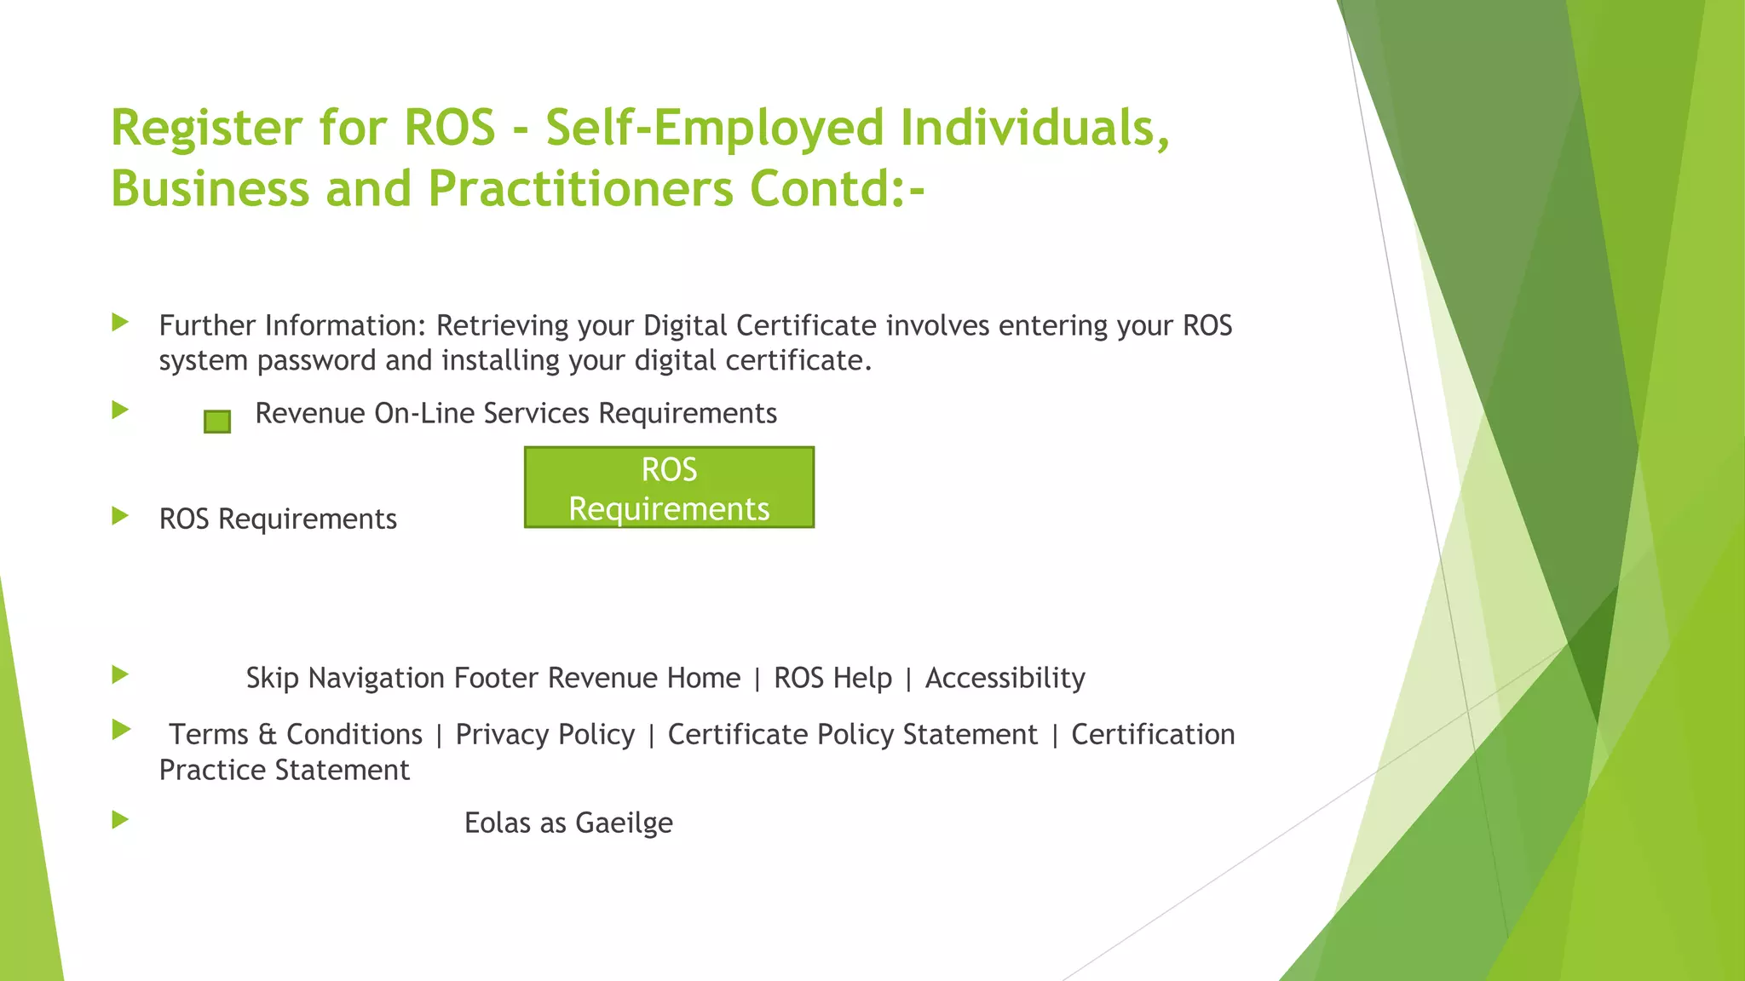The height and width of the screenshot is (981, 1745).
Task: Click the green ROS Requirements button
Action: (x=669, y=488)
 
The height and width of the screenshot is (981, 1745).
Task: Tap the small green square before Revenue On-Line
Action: (x=217, y=422)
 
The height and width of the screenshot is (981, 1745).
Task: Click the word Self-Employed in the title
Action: (x=715, y=128)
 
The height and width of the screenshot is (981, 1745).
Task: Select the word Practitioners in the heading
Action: (x=580, y=188)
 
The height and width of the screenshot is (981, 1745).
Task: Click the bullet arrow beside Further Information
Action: (x=120, y=322)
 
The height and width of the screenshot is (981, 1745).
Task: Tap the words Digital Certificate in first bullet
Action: (x=759, y=325)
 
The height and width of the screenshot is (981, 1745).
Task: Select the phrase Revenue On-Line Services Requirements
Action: (x=515, y=413)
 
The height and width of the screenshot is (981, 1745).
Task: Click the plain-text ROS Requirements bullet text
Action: (x=278, y=519)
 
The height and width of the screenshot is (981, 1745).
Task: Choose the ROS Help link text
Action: (x=832, y=678)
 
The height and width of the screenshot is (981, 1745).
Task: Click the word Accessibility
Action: (x=1005, y=678)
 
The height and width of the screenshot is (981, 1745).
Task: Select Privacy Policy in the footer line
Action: (x=545, y=734)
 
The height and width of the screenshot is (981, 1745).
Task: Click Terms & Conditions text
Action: (x=296, y=734)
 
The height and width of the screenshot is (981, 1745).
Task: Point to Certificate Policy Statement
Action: (x=852, y=734)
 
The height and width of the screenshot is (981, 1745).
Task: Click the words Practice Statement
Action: (x=284, y=770)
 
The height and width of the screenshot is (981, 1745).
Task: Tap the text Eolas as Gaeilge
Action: (x=568, y=823)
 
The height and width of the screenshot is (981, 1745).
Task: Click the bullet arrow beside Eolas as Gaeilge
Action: (x=120, y=820)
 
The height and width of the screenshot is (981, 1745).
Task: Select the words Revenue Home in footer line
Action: (x=644, y=678)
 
